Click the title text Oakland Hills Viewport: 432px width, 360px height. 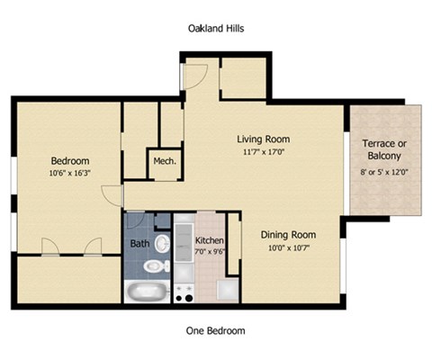tap(215, 29)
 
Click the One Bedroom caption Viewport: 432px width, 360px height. tap(215, 330)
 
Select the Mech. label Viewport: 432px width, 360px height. tap(163, 162)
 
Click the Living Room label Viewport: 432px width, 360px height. tap(263, 139)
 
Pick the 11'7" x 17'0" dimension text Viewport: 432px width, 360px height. tap(263, 153)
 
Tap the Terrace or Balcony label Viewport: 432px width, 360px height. tap(384, 150)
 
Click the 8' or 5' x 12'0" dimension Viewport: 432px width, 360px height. tap(384, 172)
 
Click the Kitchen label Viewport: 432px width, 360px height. tap(209, 241)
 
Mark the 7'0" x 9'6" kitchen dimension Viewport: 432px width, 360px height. tap(209, 252)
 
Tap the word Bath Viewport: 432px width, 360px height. tap(139, 244)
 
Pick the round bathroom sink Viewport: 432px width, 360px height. tap(162, 243)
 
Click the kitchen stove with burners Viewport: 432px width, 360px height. tap(185, 292)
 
